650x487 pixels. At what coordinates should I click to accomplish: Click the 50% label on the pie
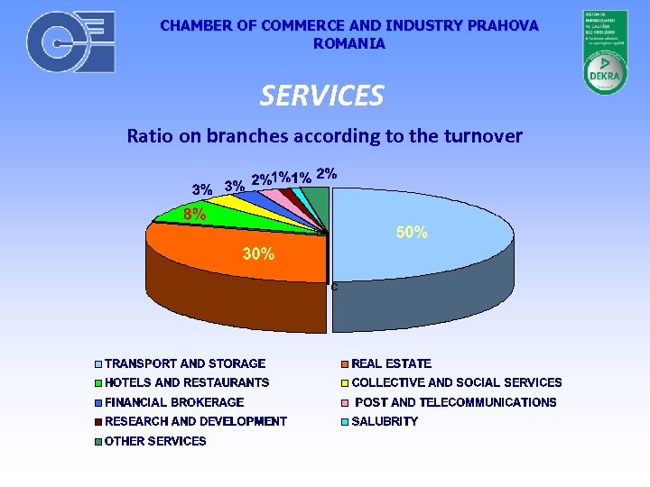412,233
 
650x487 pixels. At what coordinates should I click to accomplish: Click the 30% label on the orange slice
259,254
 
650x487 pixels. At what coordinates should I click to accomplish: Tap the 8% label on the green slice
194,215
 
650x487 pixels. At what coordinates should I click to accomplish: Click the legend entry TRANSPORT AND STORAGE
185,363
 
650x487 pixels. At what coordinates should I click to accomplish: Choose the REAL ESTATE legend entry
391,363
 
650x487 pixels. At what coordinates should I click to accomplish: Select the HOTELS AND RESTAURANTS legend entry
187,382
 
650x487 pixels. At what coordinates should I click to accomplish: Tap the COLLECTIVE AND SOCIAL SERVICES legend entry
456,382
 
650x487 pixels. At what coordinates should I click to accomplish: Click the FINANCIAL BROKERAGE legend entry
174,402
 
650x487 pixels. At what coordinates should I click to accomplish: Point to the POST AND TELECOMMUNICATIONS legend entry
455,402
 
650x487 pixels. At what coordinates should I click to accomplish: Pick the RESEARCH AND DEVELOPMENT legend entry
196,421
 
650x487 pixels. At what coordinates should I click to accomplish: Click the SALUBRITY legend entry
385,421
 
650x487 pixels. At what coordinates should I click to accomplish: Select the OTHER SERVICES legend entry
155,441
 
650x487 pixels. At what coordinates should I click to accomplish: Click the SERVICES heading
322,95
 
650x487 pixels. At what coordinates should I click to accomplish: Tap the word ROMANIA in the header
348,43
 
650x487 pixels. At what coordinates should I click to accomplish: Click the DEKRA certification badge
604,52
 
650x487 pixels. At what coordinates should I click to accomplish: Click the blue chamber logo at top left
70,42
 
